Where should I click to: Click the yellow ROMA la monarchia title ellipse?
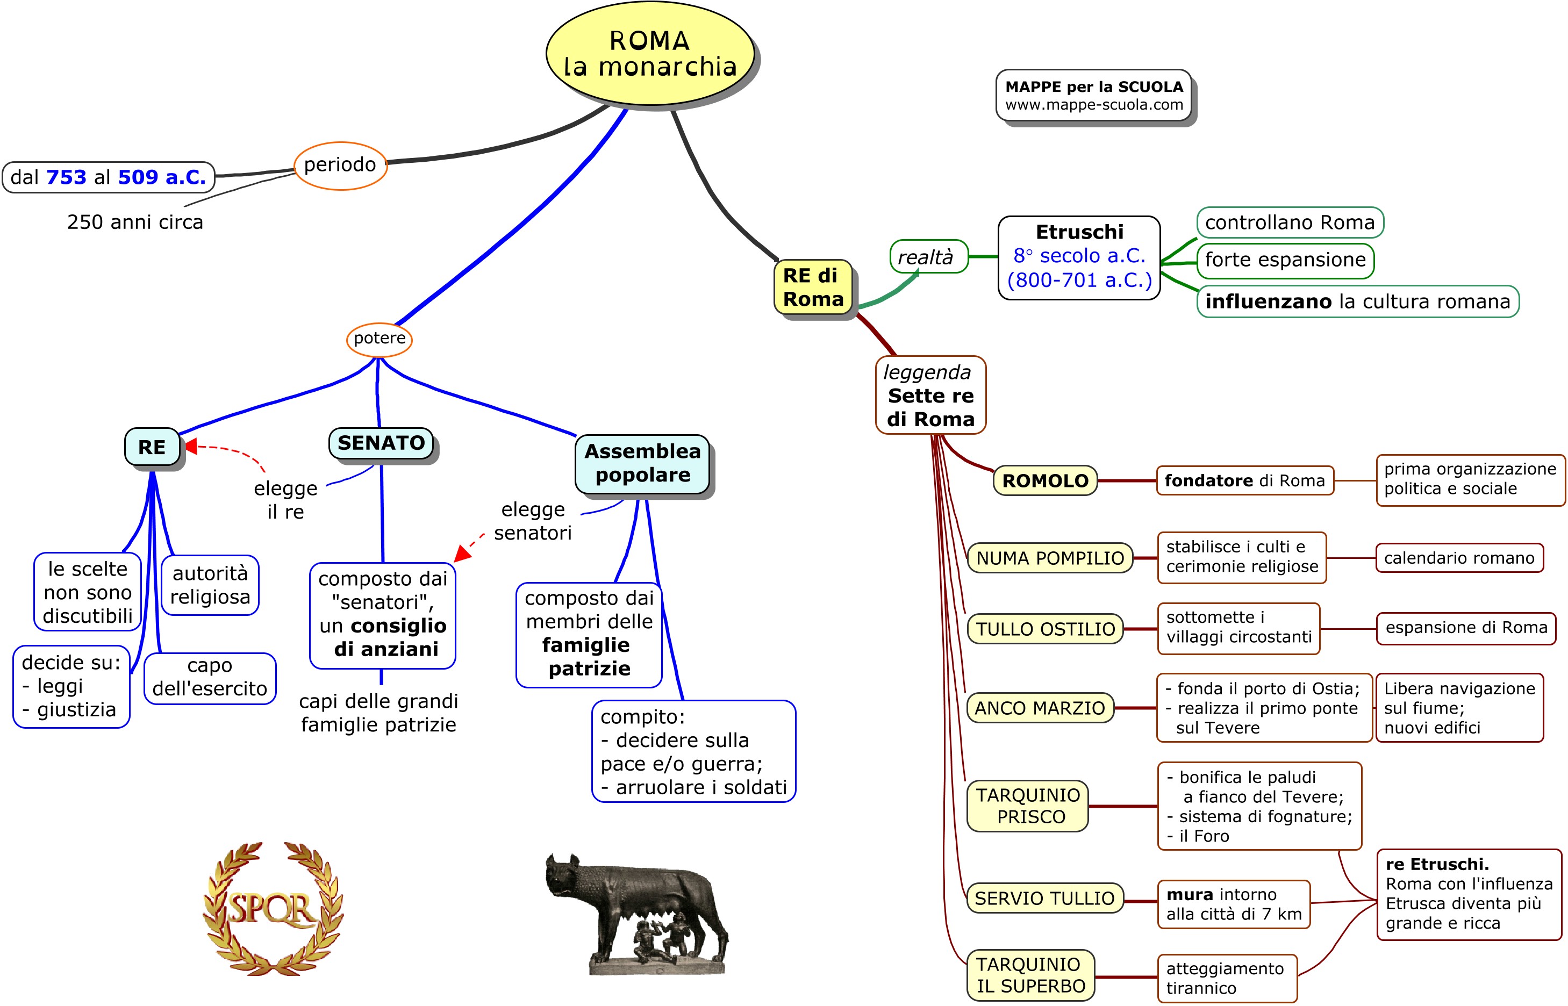tap(649, 54)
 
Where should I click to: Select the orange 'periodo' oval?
tap(340, 166)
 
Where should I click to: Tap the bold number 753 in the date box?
tap(66, 177)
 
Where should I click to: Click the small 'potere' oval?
tap(379, 339)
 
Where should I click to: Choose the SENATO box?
tap(381, 443)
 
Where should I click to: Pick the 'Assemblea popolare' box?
tap(642, 463)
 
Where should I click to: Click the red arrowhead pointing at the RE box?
tap(191, 446)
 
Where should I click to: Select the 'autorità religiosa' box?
tap(210, 585)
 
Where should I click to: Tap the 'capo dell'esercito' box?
tap(210, 678)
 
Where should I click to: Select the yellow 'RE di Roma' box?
tap(813, 288)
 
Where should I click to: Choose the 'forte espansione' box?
tap(1285, 260)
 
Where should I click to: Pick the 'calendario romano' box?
tap(1459, 558)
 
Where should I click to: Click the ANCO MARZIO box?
tap(1040, 708)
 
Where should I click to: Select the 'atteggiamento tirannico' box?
tap(1226, 978)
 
